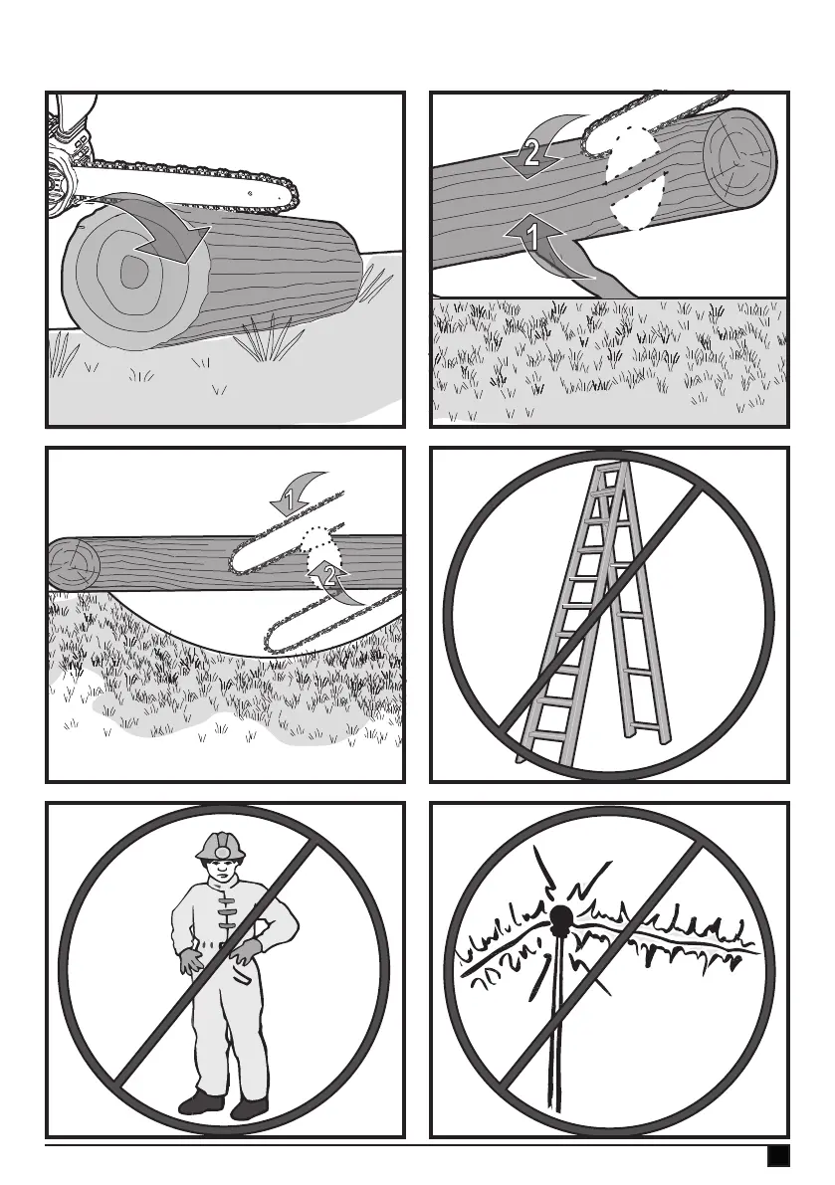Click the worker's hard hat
click(x=219, y=847)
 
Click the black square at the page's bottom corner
click(x=778, y=1156)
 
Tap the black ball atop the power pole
click(x=560, y=917)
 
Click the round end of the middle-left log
click(x=74, y=564)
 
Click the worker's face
click(x=220, y=871)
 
